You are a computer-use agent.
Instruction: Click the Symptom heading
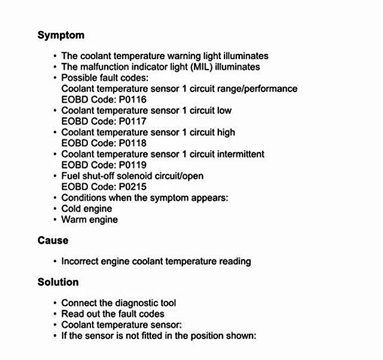click(61, 35)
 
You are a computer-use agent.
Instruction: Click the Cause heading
click(53, 240)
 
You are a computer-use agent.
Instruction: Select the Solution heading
click(58, 282)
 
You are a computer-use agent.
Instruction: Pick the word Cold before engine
click(72, 209)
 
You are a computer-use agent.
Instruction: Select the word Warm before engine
click(73, 219)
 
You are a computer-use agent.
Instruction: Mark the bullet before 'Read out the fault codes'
click(55, 314)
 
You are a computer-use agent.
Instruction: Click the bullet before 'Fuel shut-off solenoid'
click(55, 176)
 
